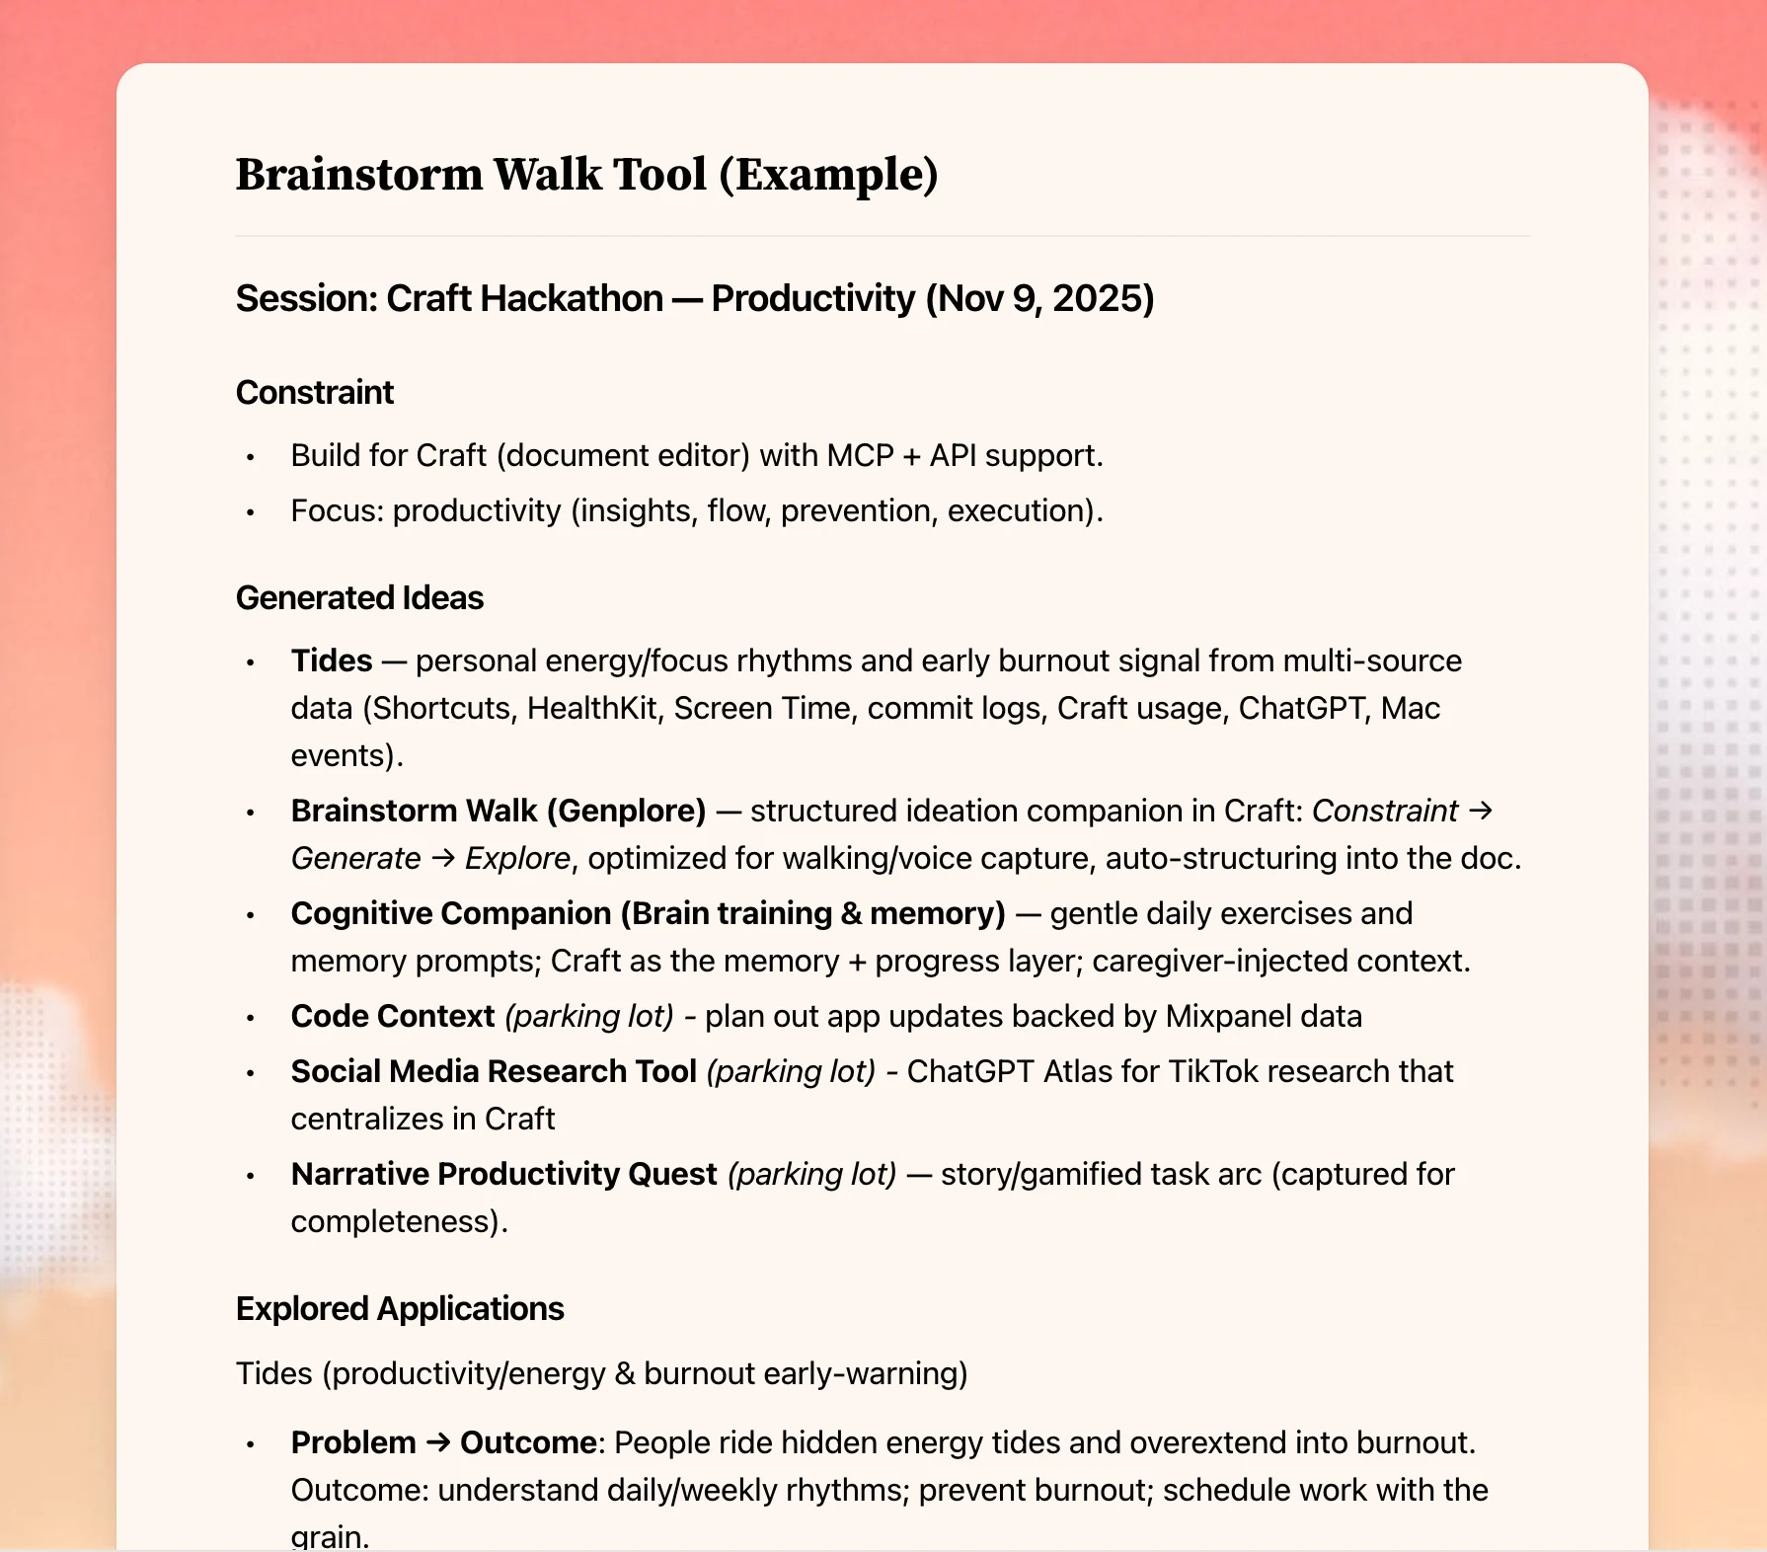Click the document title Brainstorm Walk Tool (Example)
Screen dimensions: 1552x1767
click(586, 175)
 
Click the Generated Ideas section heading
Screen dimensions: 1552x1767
click(359, 598)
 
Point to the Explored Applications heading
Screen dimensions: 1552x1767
click(400, 1309)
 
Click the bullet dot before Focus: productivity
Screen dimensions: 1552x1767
click(251, 512)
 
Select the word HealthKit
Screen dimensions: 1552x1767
click(591, 709)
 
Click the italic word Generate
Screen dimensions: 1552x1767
click(355, 859)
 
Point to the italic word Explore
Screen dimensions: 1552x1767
click(517, 859)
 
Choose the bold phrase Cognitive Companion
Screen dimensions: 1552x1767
click(451, 914)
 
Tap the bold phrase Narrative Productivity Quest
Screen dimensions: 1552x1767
click(503, 1175)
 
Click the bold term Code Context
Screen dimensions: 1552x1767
click(392, 1017)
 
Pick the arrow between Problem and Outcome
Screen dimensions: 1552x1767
click(437, 1443)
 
